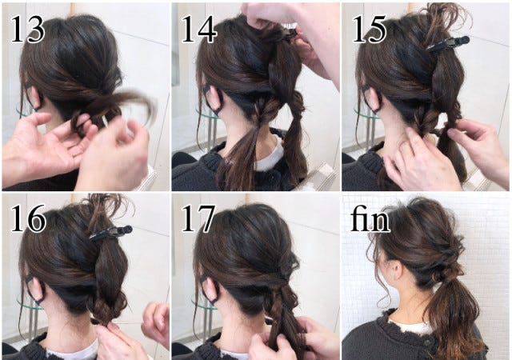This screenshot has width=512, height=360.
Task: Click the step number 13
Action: point(27,30)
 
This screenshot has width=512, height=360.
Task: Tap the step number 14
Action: point(198,30)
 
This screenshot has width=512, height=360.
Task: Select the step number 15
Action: point(370,30)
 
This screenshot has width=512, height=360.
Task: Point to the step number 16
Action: point(28,218)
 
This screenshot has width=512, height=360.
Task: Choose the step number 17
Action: point(198,218)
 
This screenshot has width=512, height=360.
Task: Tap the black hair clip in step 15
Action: point(448,44)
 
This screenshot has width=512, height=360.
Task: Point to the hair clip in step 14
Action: point(288,33)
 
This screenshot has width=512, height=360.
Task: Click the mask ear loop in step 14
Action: point(213,98)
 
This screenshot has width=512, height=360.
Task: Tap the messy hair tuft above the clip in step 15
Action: point(446,20)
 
